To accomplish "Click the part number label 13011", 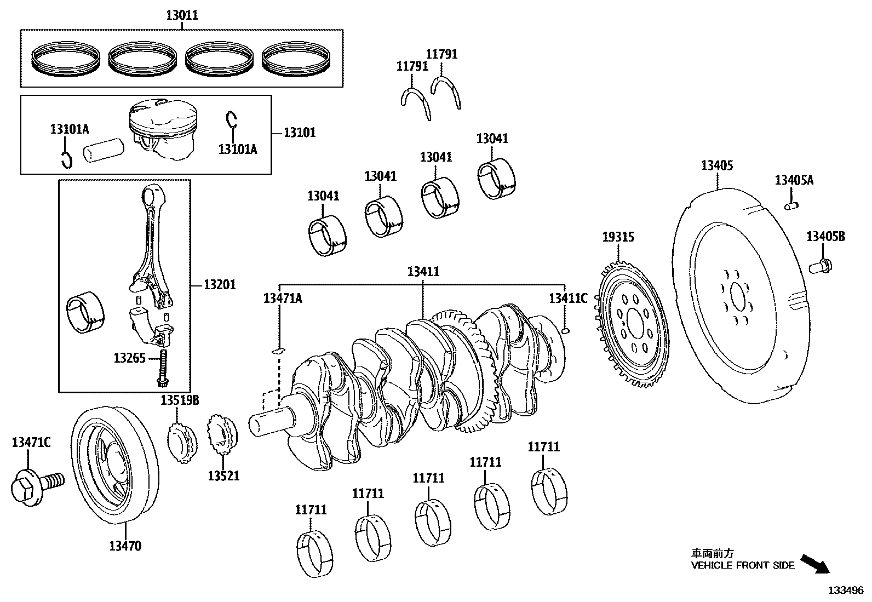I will pos(182,15).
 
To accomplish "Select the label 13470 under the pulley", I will pos(125,546).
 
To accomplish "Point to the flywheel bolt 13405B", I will pos(820,267).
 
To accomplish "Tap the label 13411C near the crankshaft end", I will pos(568,298).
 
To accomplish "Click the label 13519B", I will pos(179,400).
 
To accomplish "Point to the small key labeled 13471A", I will pos(279,349).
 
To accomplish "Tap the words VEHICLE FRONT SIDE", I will pos(742,566).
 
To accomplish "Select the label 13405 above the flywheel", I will pos(717,165).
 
